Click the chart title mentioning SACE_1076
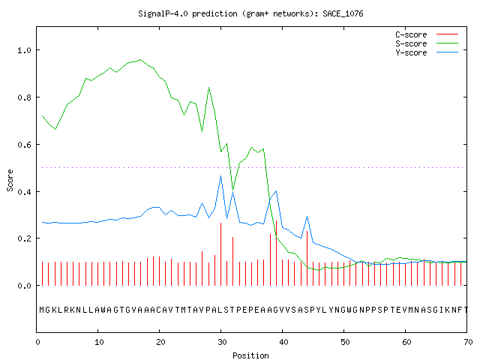coord(250,13)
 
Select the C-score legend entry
coord(427,34)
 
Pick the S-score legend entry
coord(427,43)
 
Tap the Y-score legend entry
coord(427,52)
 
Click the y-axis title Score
coord(10,180)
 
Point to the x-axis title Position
coord(250,355)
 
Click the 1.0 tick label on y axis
coord(25,50)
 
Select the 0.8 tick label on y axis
coord(25,97)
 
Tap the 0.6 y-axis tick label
coord(25,145)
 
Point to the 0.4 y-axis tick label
coord(25,192)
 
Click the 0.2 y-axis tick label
coord(25,238)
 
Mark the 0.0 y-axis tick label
coord(25,286)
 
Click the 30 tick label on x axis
coord(222,342)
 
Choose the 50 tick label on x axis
coord(345,342)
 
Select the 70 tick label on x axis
coord(468,342)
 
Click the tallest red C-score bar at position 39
coord(277,253)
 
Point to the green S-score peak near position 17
coord(140,59)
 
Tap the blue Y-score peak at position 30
coord(220,176)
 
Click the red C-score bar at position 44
coord(307,258)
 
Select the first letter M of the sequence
coord(42,310)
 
